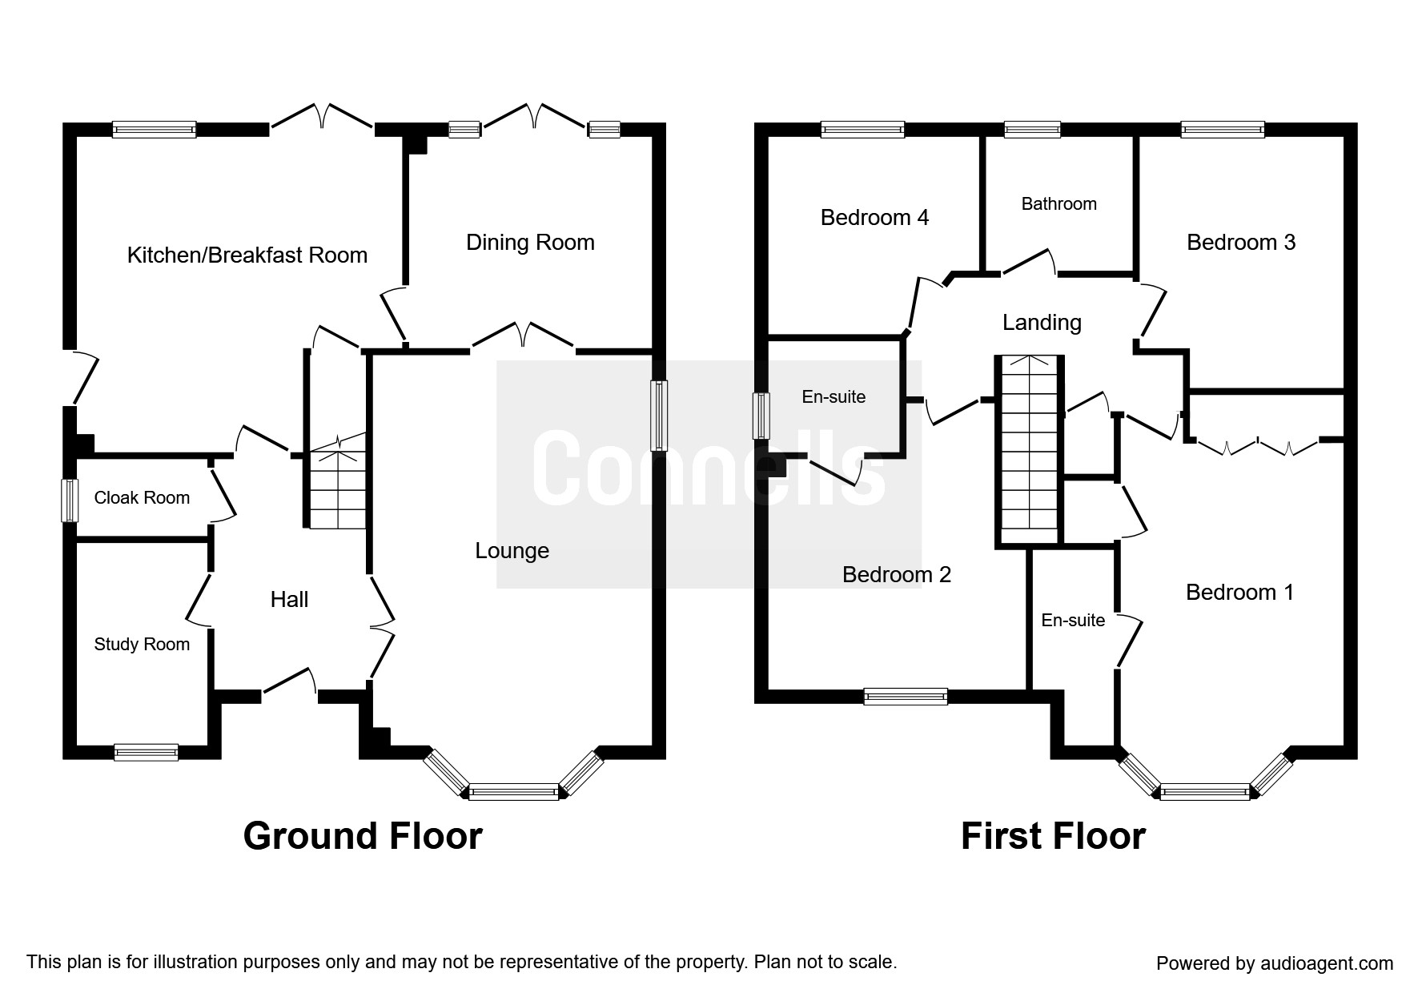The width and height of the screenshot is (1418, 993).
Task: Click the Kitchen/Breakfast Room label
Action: click(247, 255)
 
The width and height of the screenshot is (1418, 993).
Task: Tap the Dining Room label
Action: click(530, 243)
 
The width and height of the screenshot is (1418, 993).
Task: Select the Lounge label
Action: click(512, 551)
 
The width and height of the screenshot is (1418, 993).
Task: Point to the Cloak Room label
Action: click(142, 498)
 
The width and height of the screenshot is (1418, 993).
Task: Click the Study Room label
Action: click(142, 645)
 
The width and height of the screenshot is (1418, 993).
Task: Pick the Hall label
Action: click(289, 600)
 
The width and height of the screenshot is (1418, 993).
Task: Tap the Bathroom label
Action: click(1058, 204)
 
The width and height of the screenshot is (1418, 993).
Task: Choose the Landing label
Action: click(1042, 323)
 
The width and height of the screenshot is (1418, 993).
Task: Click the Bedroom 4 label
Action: click(874, 218)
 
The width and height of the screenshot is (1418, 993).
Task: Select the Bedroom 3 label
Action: click(1240, 243)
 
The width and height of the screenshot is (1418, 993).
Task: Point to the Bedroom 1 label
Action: click(1239, 593)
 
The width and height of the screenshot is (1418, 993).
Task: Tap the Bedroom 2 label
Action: click(897, 575)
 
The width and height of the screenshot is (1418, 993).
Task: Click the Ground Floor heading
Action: click(363, 836)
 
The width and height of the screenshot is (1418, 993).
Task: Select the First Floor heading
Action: click(1053, 836)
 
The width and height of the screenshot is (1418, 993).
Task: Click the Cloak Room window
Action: click(70, 501)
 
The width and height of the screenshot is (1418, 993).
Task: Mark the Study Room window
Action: click(146, 752)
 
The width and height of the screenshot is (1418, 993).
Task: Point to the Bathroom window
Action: click(1033, 130)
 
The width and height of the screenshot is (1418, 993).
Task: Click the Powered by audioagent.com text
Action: click(1275, 963)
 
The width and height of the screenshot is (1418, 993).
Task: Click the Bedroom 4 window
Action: click(862, 130)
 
